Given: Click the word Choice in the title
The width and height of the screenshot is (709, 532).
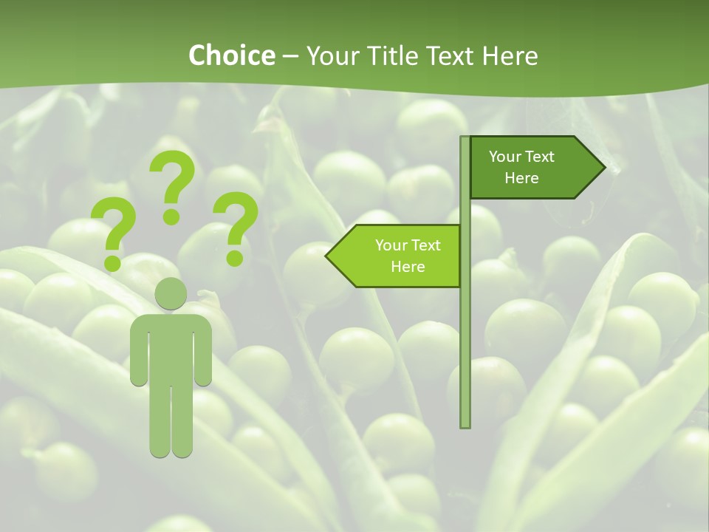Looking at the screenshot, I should point(231,55).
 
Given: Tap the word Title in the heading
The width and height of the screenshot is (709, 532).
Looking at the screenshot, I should point(388,55).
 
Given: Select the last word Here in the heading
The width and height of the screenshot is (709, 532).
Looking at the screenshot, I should point(510,55).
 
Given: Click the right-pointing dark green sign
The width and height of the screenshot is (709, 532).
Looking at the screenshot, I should point(532,167).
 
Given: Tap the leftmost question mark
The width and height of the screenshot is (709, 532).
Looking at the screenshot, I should point(113,233).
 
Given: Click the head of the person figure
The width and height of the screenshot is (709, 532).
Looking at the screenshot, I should point(171,294).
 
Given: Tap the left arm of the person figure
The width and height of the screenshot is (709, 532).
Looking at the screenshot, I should point(138,351).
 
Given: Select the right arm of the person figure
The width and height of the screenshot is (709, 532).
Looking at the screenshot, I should point(204,351).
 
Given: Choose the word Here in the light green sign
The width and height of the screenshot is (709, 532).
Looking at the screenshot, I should point(408,267).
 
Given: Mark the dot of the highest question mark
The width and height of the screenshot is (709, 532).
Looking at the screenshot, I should point(171,216).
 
